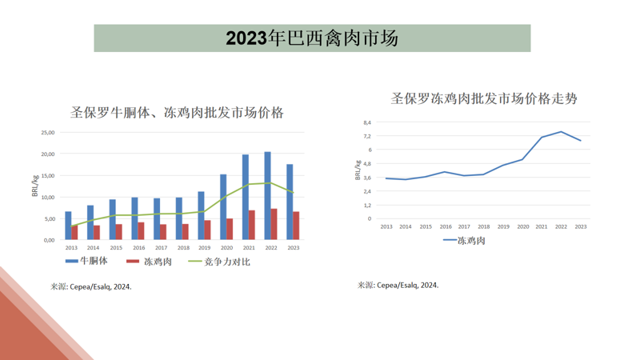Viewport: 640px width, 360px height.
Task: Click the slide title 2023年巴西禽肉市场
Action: [312, 38]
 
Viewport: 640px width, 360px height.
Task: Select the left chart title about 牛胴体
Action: [177, 112]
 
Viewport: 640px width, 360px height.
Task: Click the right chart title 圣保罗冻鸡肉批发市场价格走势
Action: [484, 98]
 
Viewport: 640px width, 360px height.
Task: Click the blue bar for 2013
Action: [68, 226]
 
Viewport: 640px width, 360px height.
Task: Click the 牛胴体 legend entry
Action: [86, 261]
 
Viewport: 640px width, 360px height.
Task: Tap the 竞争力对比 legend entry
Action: [219, 261]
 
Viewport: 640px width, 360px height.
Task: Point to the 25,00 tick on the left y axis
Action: [47, 133]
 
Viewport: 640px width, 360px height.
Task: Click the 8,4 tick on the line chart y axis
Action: [367, 122]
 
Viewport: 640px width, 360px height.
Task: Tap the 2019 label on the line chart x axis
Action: [503, 226]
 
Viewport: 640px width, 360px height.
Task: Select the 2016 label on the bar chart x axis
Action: [139, 248]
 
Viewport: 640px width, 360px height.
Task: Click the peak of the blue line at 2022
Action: [562, 131]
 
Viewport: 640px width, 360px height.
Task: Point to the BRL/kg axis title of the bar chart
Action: [35, 186]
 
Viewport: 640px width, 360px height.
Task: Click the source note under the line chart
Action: [398, 285]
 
